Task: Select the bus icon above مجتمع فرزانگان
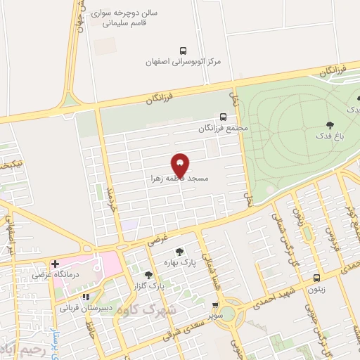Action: click(x=223, y=117)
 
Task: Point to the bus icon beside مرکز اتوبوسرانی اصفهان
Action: click(x=184, y=51)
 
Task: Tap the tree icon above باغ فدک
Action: click(x=330, y=124)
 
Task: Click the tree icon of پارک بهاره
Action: click(x=180, y=250)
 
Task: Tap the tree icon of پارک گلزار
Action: click(x=148, y=275)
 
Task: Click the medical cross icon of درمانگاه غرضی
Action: click(x=55, y=264)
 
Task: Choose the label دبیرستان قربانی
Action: click(x=84, y=307)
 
